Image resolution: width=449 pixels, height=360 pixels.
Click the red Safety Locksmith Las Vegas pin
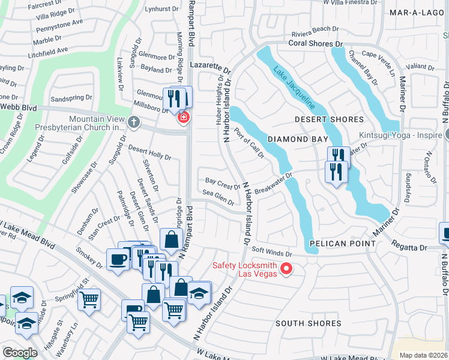(x=286, y=269)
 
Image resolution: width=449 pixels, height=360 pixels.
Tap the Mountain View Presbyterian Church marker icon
(x=134, y=122)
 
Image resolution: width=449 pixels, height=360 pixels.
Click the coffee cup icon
(x=117, y=259)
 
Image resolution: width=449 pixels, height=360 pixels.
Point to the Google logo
(x=20, y=353)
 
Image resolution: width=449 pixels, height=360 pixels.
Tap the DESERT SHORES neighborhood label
(x=329, y=119)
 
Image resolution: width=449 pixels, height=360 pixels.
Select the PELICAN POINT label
(x=343, y=244)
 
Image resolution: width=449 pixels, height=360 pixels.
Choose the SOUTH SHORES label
(x=308, y=323)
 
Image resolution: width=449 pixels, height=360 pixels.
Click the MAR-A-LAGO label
(x=415, y=12)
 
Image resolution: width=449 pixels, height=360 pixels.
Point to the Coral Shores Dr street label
(x=315, y=44)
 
